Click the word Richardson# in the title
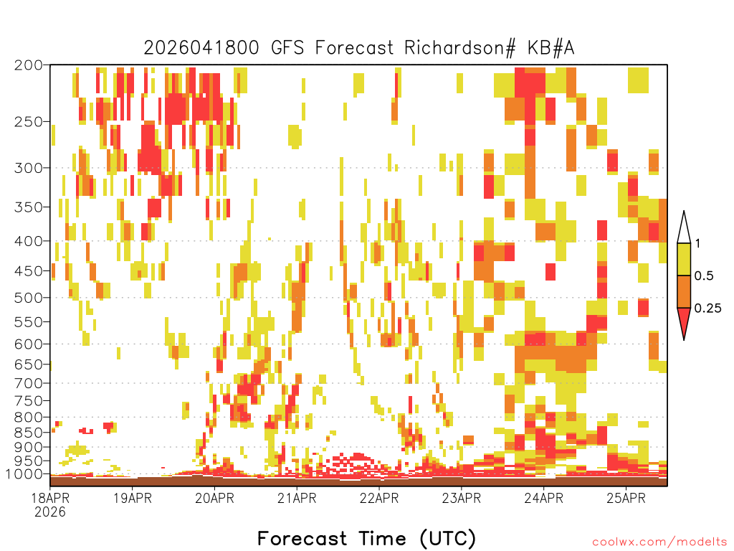(459, 48)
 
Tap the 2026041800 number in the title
(201, 48)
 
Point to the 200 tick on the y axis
(28, 65)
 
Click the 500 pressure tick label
(28, 298)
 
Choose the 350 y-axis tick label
(28, 207)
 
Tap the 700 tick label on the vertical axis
(28, 383)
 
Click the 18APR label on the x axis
(50, 498)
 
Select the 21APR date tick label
(297, 498)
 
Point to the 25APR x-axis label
(626, 498)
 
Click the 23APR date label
(462, 498)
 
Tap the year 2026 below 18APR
(50, 512)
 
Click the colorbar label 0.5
(704, 275)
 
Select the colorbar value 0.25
(707, 308)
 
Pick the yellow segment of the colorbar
(684, 259)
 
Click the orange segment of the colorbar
(684, 291)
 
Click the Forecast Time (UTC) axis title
(366, 538)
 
